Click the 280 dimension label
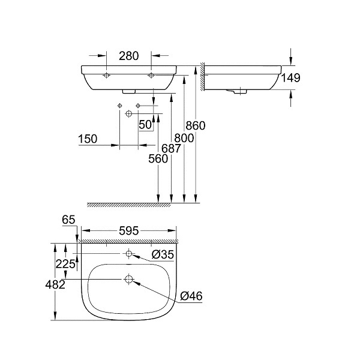point(129,56)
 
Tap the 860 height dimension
point(196,125)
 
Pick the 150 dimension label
point(88,139)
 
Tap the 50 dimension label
point(145,125)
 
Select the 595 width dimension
point(128,230)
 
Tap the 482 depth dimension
point(55,285)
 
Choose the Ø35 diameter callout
point(163,254)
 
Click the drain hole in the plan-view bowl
point(128,279)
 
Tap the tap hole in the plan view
point(128,254)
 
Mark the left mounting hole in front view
point(106,76)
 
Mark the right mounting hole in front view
point(151,76)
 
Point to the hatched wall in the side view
point(203,76)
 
